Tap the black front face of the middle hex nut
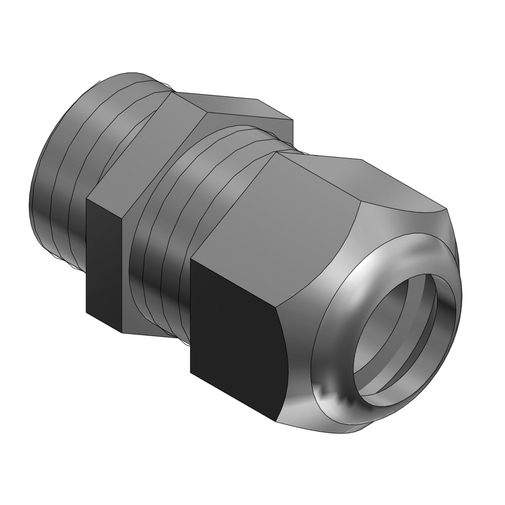(104, 263)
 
